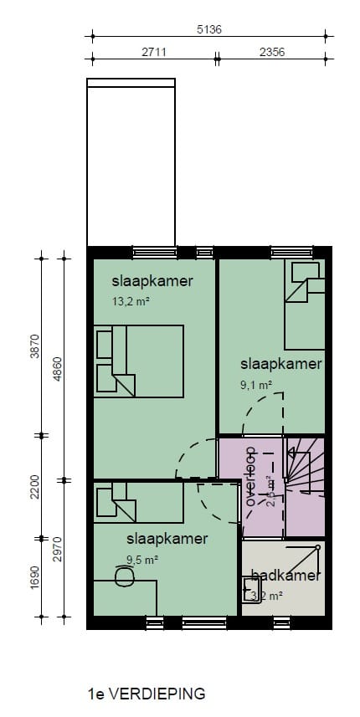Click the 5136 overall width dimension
208,29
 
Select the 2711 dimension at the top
153,52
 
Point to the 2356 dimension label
271,52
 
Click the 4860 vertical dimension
58,367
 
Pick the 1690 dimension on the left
34,578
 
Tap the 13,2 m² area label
131,302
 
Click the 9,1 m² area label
255,386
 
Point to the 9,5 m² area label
142,560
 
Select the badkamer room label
285,576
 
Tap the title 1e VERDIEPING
146,694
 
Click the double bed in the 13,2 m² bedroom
138,361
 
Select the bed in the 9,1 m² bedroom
304,305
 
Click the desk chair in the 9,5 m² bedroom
125,576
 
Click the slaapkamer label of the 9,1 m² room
281,364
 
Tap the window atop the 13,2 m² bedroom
154,252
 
